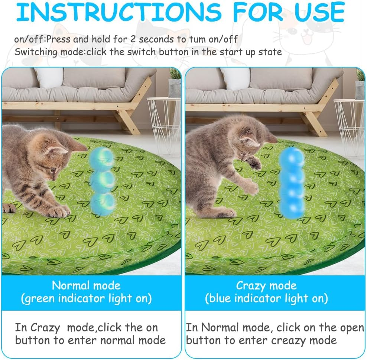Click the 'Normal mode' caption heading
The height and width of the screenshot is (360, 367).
tap(86, 285)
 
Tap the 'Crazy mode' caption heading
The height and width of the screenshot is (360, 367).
tap(266, 285)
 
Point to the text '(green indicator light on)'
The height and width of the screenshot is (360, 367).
tap(86, 298)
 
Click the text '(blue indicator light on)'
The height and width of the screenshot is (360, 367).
tap(266, 298)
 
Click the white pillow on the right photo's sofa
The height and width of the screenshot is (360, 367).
tap(236, 78)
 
